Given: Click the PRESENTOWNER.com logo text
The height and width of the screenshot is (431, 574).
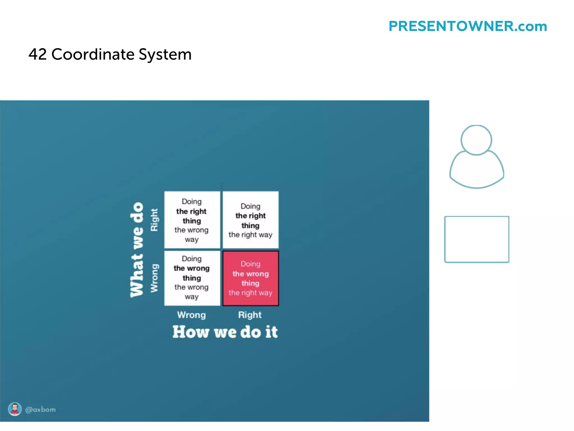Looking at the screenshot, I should coord(467,26).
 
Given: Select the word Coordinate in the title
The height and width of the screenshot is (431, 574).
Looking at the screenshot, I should coord(93,54).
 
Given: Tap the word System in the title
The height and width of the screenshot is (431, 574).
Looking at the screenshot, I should coord(165,55).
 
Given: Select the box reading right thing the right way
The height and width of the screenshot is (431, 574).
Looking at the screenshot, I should coord(251,220).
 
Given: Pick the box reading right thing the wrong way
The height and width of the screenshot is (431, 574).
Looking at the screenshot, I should coord(192,220).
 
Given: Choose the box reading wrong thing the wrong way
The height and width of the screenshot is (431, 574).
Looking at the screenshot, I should coord(192,278).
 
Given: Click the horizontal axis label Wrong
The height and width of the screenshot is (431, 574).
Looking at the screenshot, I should coord(191,315).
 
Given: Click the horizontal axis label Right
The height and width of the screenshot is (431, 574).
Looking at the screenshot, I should coord(250,315).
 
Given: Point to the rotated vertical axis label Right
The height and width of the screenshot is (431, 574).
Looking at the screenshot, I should coord(154,220).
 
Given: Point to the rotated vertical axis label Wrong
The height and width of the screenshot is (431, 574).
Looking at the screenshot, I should coord(154,278).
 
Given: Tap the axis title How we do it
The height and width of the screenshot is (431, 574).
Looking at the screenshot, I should coord(225,332).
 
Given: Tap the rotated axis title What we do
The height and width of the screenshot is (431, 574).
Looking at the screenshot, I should coord(137,250).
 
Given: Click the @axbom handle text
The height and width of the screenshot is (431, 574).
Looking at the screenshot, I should coord(40,410).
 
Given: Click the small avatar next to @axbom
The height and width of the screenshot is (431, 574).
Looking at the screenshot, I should coord(15,409).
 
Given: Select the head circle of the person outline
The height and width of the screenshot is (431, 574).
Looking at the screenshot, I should coord(476,140).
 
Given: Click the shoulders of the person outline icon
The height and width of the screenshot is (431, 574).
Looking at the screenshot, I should coord(476,171).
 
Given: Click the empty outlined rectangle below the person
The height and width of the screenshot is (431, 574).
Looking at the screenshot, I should coord(476,239).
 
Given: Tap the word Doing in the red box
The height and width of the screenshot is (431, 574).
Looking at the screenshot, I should coord(251,264).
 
